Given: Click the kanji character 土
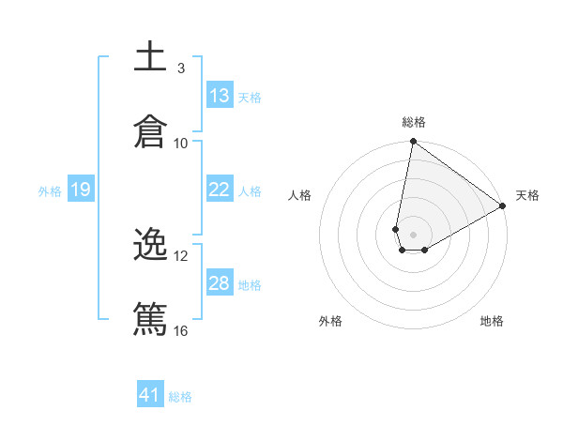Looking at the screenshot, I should (x=150, y=57).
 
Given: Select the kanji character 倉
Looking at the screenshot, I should (x=150, y=132).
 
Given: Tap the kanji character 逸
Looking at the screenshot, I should (x=150, y=246).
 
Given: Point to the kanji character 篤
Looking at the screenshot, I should (x=150, y=320).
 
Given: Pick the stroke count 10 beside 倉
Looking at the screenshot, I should (x=181, y=143).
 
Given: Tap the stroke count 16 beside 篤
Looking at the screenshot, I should (x=181, y=330).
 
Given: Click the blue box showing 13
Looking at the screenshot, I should (x=220, y=96).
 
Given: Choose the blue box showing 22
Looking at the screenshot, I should (x=220, y=190).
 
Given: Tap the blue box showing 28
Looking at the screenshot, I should (x=220, y=283).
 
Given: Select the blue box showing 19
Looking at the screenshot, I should (x=80, y=190).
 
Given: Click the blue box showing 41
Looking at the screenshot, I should (x=150, y=395).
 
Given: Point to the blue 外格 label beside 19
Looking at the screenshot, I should (x=50, y=190).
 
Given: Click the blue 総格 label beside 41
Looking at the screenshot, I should (x=180, y=397).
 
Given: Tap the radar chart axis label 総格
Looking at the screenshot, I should (x=414, y=122).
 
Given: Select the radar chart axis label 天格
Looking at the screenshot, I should (x=527, y=195).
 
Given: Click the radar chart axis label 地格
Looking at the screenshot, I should (x=492, y=321).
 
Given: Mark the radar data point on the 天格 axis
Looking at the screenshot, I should (x=503, y=206).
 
